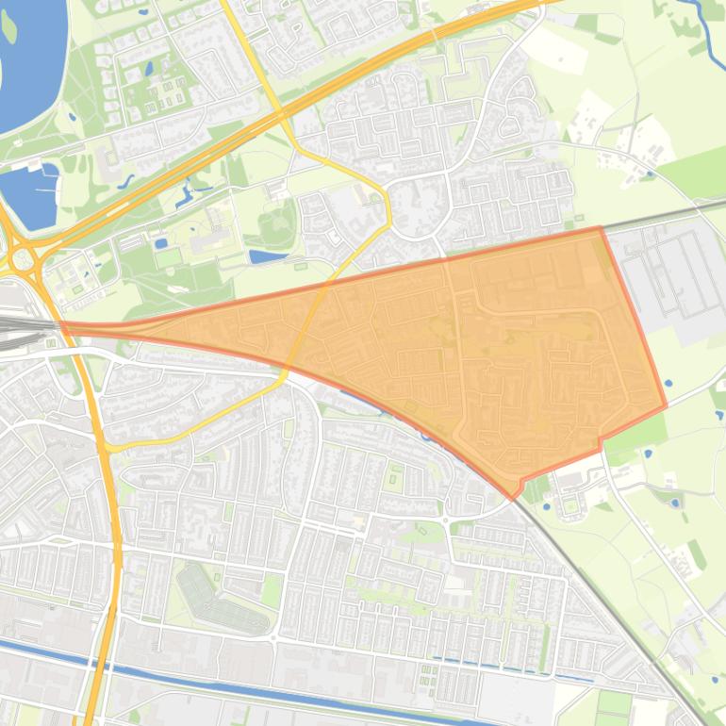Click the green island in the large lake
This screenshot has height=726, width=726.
pos(9,26)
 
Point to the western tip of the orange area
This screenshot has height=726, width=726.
pos(61,324)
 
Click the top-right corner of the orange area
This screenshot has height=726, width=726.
pos(600,227)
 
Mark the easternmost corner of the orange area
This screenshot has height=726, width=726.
pos(667,407)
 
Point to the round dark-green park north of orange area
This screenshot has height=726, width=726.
pos(276,223)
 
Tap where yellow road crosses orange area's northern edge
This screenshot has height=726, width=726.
pos(330,281)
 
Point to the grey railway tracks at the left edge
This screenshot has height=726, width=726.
pos(14,325)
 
